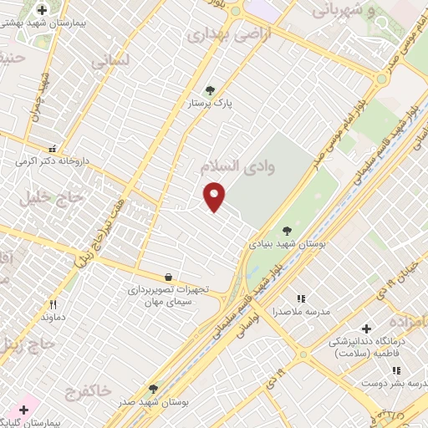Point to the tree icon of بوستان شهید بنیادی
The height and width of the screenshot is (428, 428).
tap(287, 231)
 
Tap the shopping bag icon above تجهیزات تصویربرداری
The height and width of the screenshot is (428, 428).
tap(169, 276)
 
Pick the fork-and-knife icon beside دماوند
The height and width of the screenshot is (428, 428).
tap(53, 305)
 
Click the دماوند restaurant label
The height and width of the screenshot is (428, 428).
tap(53, 318)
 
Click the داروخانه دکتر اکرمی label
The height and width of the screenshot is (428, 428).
tap(53, 160)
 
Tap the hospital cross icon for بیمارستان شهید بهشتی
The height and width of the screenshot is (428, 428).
tap(42, 10)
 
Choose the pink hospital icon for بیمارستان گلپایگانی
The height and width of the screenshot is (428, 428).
tap(23, 410)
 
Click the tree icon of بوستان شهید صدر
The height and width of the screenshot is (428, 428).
tap(153, 389)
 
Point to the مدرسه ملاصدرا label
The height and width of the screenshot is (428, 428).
tap(302, 311)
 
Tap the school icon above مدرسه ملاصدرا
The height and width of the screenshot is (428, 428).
tap(302, 298)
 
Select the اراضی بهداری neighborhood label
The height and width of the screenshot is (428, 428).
tap(219, 35)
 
